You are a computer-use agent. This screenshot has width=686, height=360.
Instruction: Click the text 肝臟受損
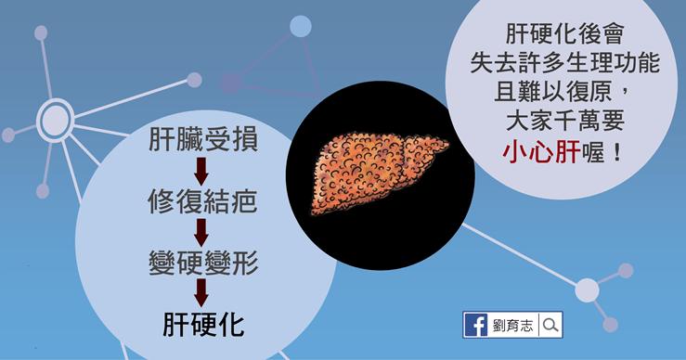click(x=203, y=139)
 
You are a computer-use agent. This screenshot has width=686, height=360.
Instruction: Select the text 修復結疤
click(x=202, y=201)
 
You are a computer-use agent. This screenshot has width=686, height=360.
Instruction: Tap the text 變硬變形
click(x=203, y=263)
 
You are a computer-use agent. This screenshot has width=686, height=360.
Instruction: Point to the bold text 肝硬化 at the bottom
click(x=203, y=325)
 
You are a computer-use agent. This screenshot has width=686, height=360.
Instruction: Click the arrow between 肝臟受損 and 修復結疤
click(x=201, y=171)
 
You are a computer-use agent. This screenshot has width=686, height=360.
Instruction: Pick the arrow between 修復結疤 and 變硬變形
click(x=201, y=233)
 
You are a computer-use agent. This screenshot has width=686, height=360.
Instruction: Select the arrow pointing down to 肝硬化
click(x=201, y=293)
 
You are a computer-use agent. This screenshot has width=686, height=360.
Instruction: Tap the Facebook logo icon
click(x=476, y=325)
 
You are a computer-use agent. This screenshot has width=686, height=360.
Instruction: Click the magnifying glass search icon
click(x=550, y=325)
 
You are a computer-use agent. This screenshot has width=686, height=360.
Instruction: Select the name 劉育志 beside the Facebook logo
click(x=512, y=325)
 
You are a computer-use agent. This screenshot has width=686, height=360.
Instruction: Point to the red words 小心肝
click(x=541, y=152)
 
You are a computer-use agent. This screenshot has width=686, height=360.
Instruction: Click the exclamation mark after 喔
click(x=617, y=152)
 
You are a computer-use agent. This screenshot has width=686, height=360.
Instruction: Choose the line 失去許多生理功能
click(x=564, y=62)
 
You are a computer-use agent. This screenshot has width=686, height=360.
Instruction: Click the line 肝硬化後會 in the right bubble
click(x=564, y=33)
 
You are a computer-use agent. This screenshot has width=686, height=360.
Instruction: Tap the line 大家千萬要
click(x=564, y=121)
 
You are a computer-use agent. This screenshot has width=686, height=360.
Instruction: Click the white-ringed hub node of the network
click(x=55, y=121)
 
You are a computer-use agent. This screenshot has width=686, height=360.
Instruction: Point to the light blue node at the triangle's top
click(x=301, y=26)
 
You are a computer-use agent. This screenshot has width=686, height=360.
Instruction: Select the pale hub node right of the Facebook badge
click(x=587, y=290)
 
